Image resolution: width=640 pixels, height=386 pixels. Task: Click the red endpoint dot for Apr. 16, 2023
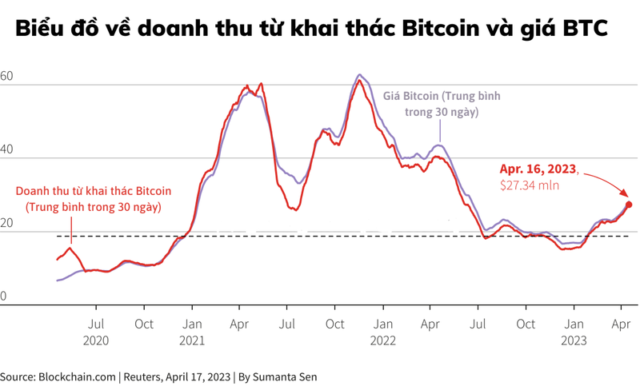click(629, 205)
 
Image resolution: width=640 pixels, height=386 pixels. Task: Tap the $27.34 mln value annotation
click(530, 185)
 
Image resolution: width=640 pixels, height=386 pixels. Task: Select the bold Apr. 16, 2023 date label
click(538, 169)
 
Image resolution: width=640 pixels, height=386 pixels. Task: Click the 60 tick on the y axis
click(6, 78)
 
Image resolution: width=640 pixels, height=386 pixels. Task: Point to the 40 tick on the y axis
click(6, 150)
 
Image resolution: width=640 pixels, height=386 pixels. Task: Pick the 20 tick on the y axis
click(6, 224)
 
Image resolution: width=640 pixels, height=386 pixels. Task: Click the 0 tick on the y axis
click(3, 297)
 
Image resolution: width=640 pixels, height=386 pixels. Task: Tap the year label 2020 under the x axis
click(96, 340)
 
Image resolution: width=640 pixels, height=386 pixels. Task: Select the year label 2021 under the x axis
click(192, 340)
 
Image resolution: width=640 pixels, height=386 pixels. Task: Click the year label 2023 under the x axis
click(574, 340)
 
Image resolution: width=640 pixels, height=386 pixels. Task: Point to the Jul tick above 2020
click(96, 324)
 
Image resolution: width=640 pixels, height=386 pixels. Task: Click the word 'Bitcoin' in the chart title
click(442, 29)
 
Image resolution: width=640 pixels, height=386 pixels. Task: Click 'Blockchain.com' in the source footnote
click(76, 376)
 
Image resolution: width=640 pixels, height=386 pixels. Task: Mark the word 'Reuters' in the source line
click(144, 376)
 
